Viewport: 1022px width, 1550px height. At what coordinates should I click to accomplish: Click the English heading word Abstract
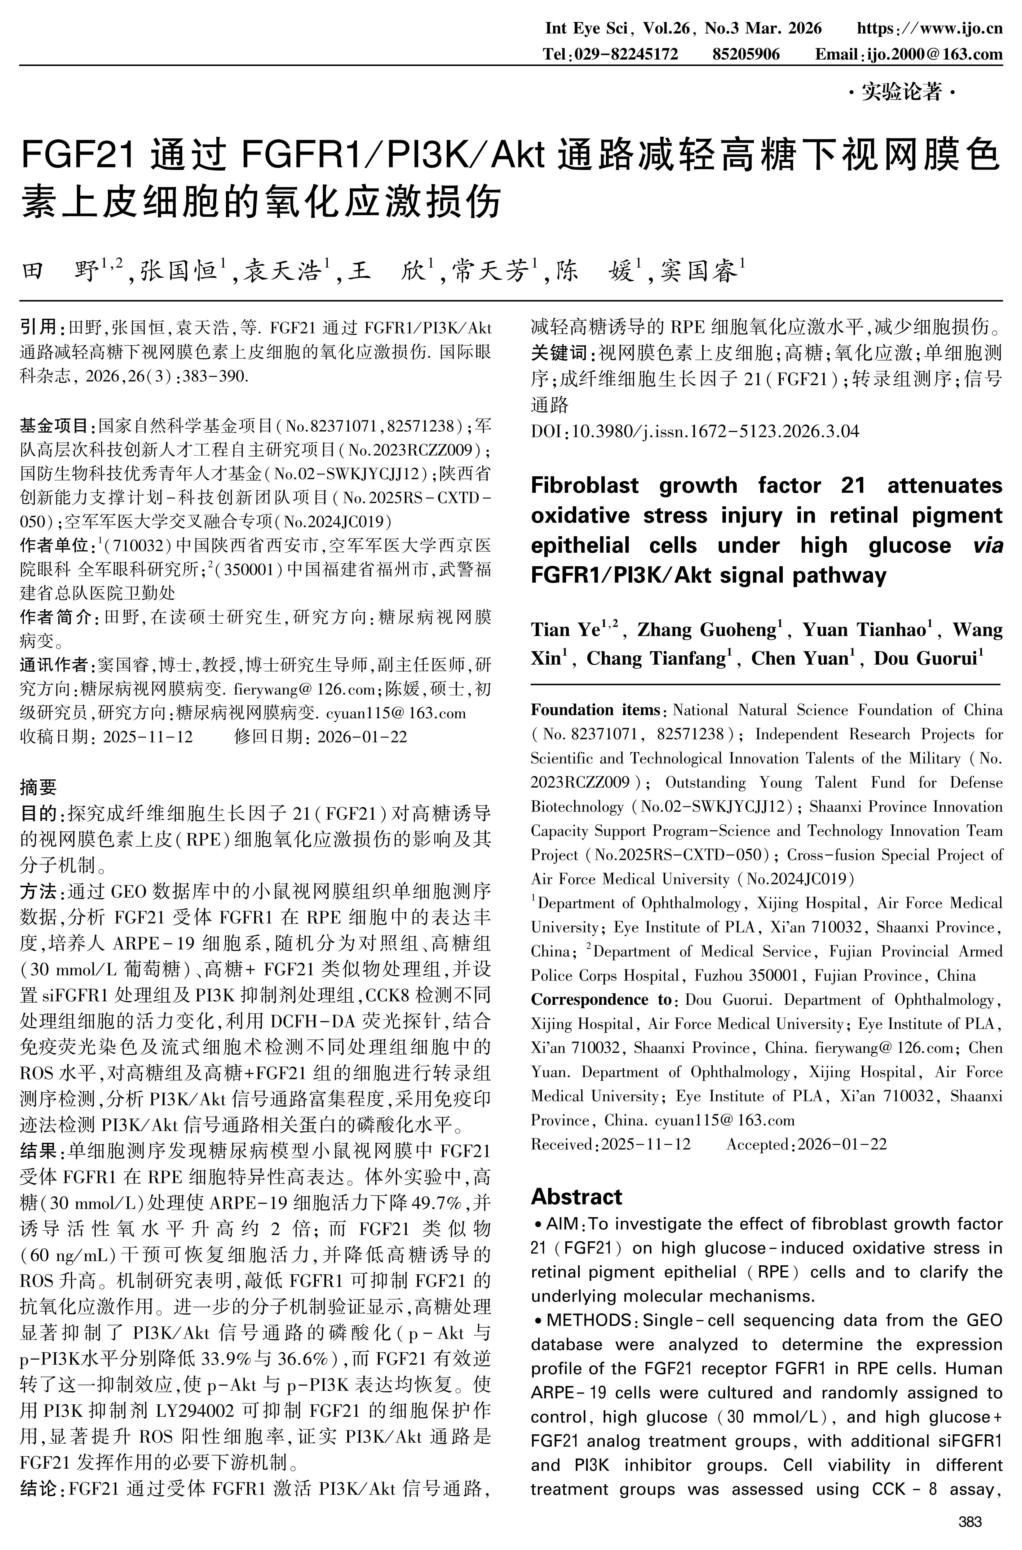click(x=576, y=1196)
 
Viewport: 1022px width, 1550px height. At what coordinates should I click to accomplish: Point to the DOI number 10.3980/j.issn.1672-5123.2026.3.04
click(x=715, y=431)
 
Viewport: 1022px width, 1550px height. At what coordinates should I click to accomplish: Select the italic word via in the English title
click(x=987, y=545)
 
